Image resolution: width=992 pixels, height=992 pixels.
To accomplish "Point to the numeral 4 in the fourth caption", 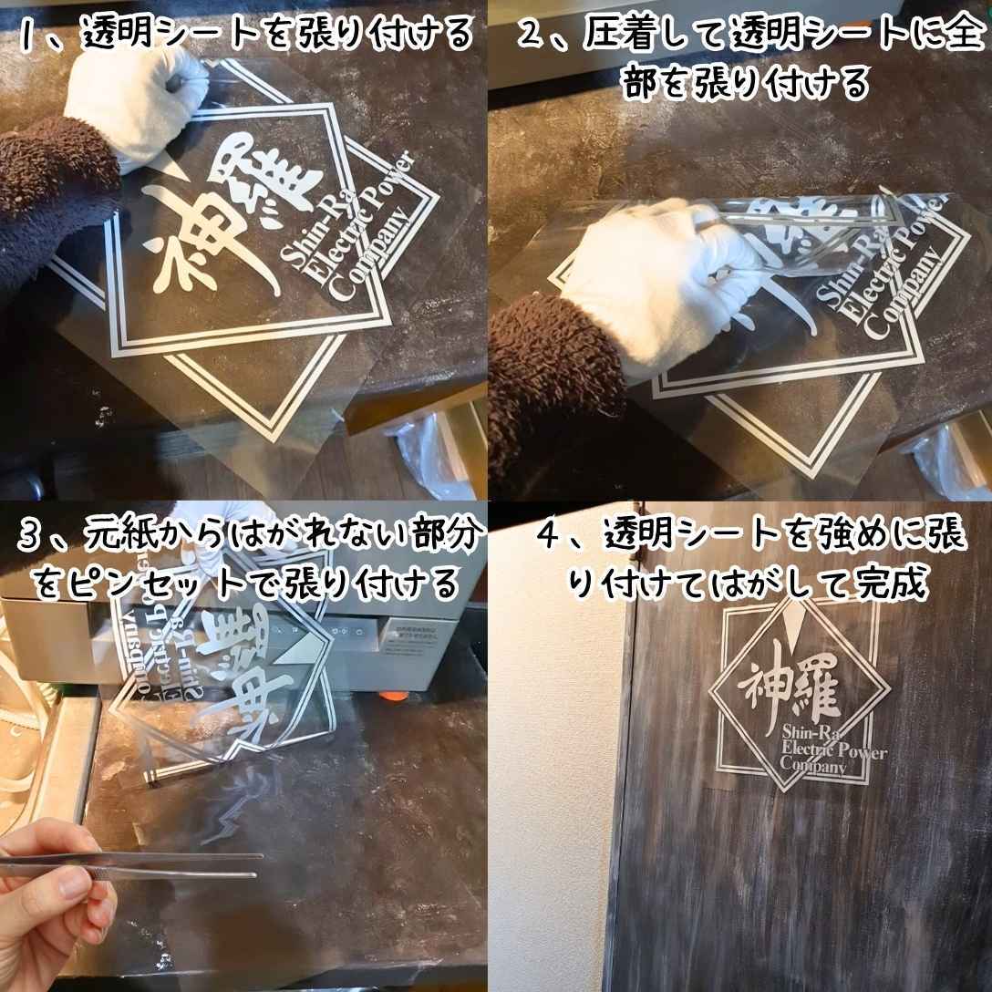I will coord(548,536).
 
